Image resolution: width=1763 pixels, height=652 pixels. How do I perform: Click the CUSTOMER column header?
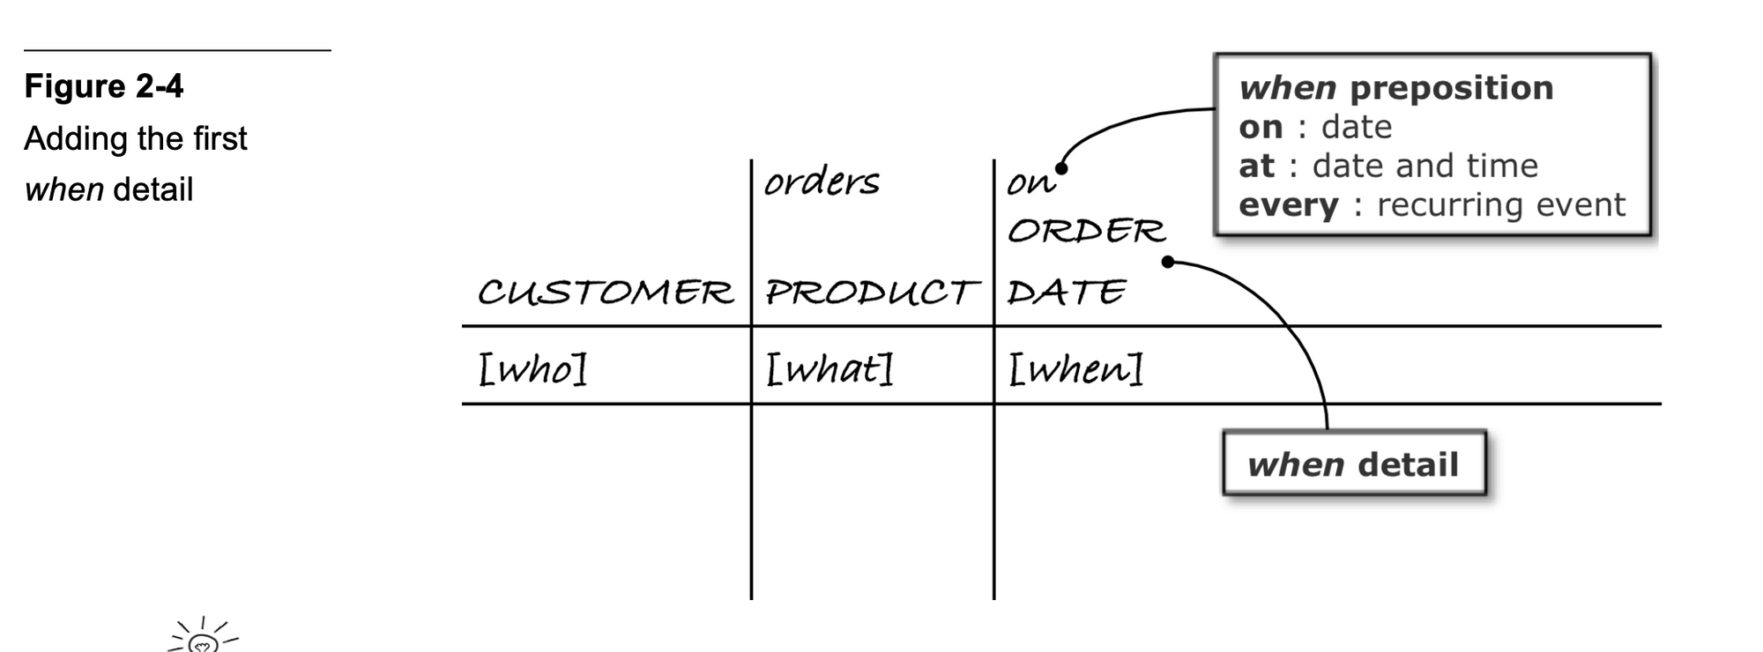(605, 293)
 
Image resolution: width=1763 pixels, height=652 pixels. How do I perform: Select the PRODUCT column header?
(871, 293)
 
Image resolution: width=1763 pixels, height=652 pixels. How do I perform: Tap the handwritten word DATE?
(1067, 293)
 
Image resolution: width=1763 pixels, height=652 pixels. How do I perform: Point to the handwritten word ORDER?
(1086, 231)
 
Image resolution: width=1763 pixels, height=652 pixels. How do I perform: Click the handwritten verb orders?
(822, 182)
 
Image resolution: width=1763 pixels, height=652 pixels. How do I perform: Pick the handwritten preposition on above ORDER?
(1030, 183)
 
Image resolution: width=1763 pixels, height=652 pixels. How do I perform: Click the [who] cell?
(532, 368)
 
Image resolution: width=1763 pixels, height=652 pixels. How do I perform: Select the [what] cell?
(829, 368)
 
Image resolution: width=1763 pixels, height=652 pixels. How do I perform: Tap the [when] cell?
(1075, 368)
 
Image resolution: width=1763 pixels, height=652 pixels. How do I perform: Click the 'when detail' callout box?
(1353, 464)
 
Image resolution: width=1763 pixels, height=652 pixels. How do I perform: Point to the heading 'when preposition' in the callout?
(1395, 88)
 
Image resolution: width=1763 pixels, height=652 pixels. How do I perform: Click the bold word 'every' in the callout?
(1288, 205)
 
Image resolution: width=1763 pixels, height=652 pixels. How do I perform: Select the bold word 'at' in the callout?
(1256, 166)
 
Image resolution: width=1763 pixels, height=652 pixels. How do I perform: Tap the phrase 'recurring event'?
(1500, 205)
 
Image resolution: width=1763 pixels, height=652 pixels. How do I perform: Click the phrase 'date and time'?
(1425, 166)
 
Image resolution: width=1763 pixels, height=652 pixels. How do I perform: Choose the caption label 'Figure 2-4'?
(104, 86)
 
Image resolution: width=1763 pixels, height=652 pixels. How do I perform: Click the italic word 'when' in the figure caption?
(63, 189)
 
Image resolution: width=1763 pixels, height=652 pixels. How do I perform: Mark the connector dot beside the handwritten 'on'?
(1062, 168)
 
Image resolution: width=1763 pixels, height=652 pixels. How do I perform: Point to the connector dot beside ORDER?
(1168, 262)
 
